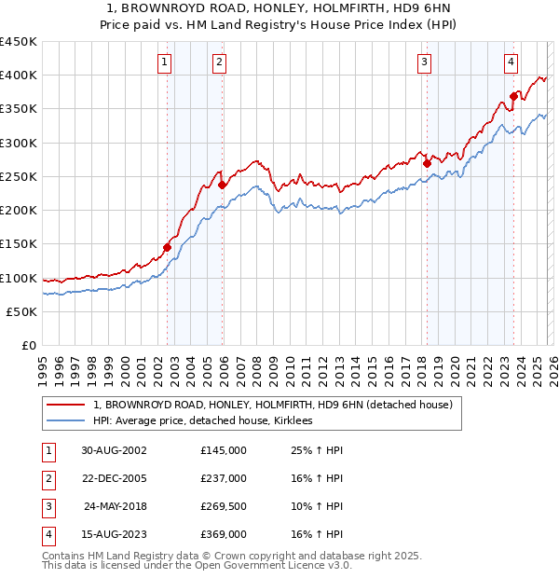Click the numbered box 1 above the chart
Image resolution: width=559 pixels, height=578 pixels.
click(164, 62)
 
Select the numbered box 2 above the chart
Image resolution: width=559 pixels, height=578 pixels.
click(219, 62)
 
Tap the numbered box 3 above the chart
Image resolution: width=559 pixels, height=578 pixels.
click(424, 62)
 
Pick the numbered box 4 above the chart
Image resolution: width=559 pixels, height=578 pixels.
click(511, 62)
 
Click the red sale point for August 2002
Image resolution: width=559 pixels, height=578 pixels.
click(168, 247)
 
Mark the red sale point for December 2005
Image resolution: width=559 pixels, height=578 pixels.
click(223, 185)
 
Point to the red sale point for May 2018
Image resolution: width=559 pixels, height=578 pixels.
click(427, 163)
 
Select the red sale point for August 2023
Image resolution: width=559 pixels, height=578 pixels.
click(513, 96)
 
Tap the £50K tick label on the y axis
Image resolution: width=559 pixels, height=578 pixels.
click(21, 311)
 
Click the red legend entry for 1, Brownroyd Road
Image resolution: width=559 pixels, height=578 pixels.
click(272, 405)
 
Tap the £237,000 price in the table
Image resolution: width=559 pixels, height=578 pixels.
click(224, 478)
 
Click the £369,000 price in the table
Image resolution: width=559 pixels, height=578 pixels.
click(224, 534)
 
